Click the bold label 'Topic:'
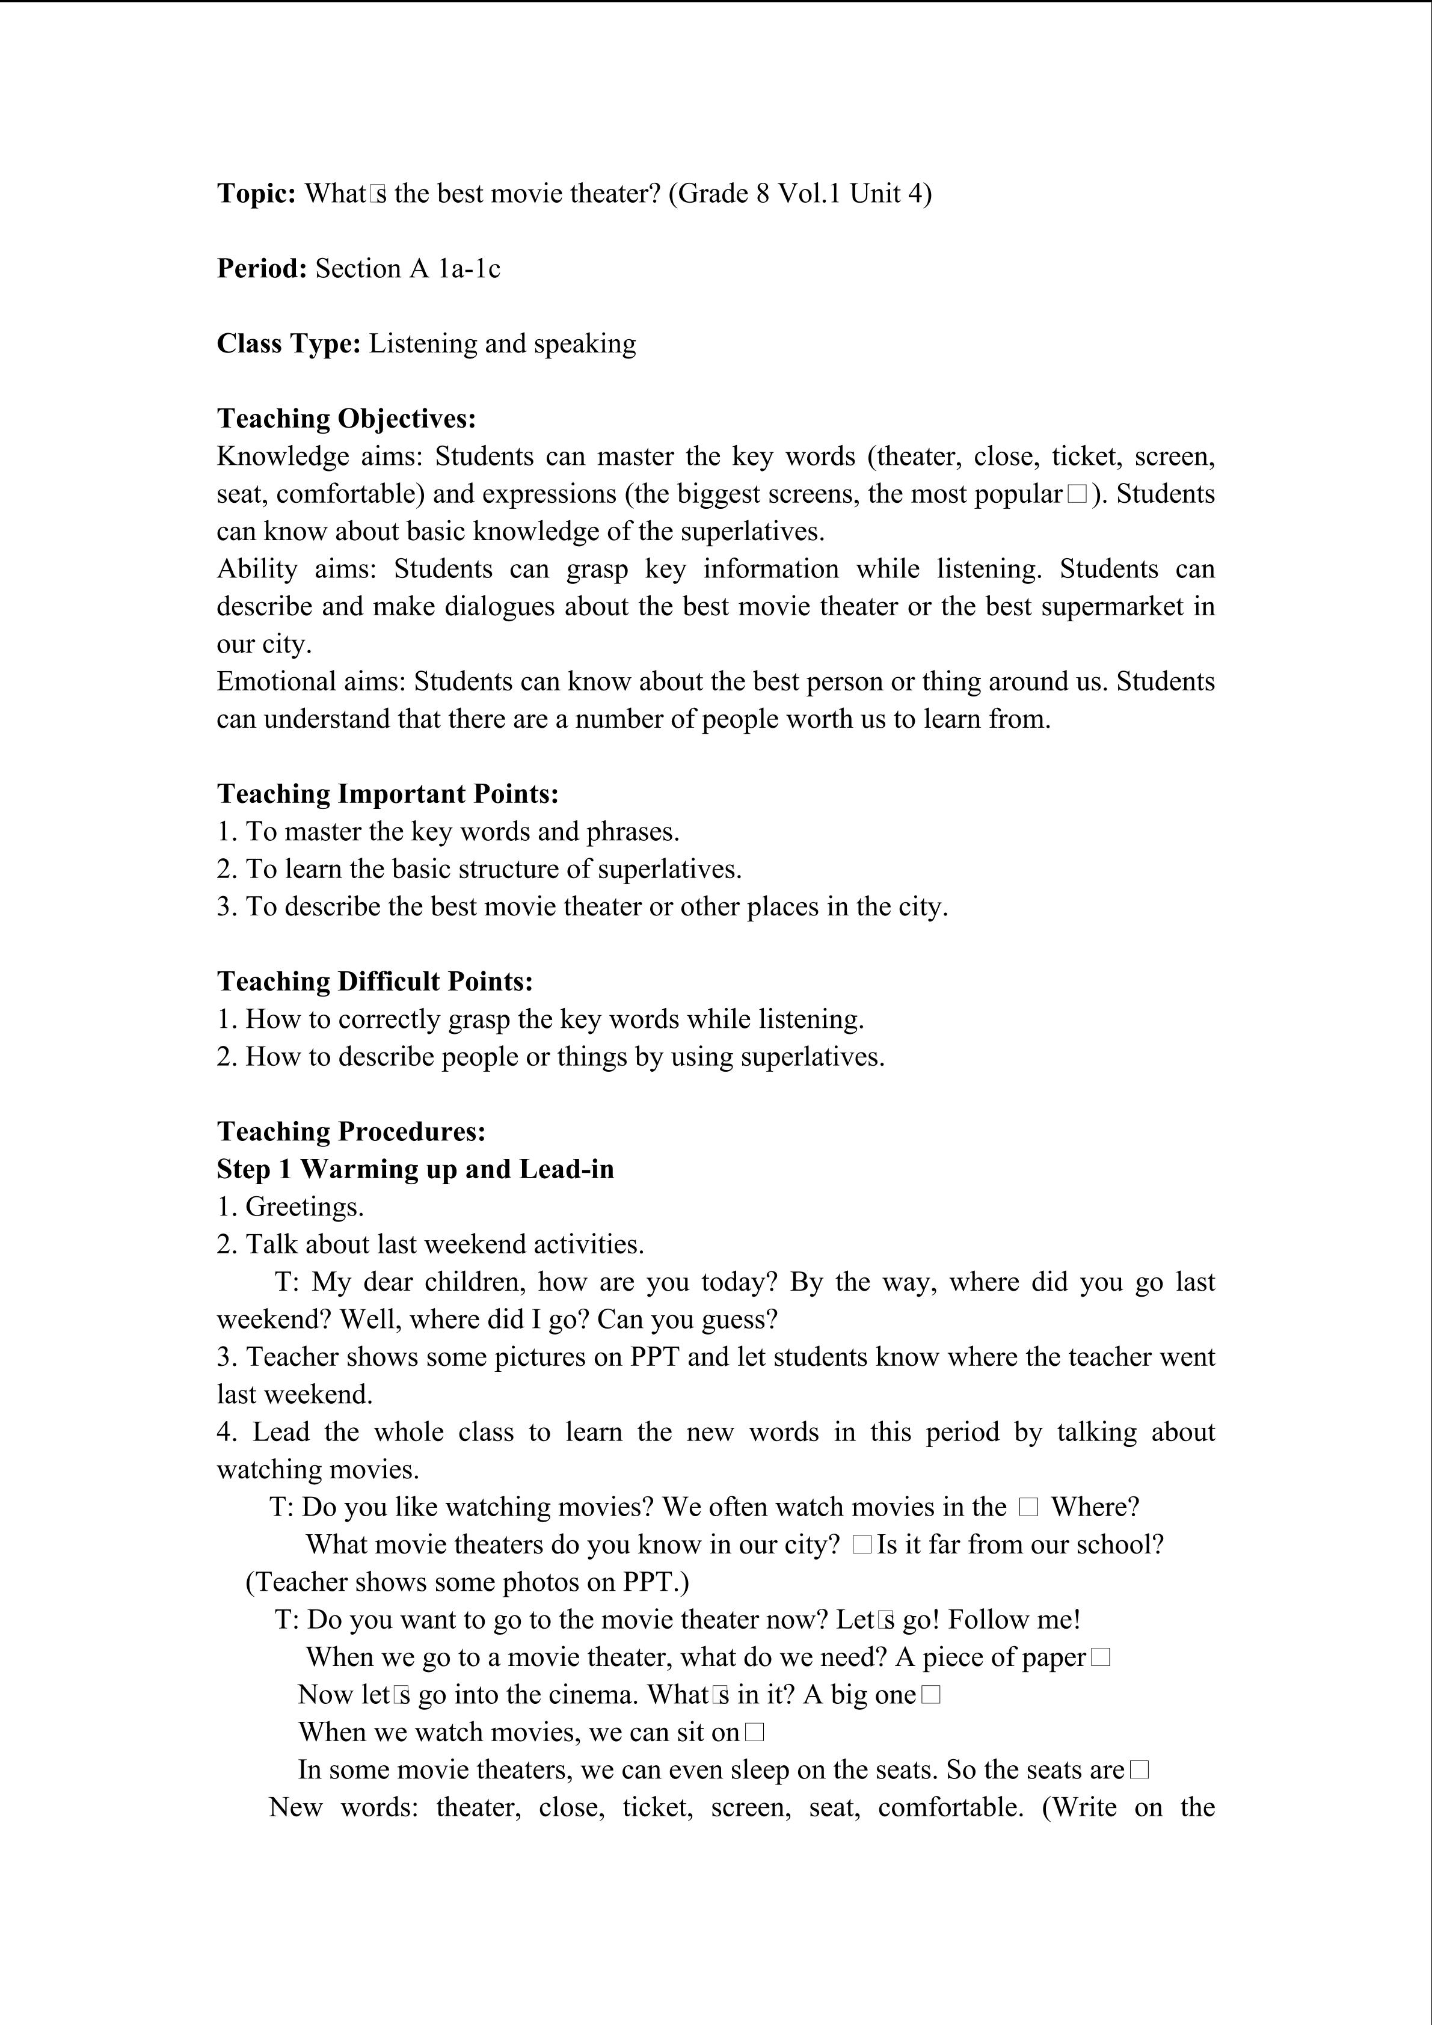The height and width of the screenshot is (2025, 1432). click(x=256, y=193)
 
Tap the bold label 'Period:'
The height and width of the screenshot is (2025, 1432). click(x=261, y=268)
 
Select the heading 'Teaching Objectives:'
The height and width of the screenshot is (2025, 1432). click(x=346, y=418)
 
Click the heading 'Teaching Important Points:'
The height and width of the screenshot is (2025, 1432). click(x=388, y=794)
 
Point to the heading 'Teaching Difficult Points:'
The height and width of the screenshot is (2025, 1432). click(x=375, y=982)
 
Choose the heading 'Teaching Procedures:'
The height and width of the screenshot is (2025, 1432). click(x=351, y=1131)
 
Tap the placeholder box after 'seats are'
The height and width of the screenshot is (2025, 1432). click(x=1139, y=1770)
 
